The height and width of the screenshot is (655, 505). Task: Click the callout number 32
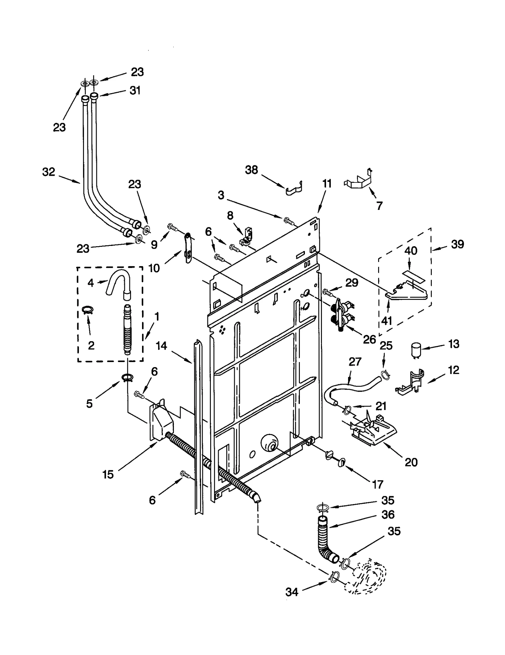click(49, 172)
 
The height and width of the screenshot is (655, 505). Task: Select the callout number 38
click(252, 170)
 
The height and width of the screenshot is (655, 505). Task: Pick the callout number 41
click(386, 321)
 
